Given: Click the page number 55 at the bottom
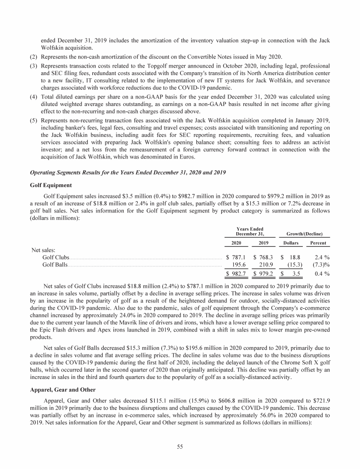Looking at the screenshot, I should pos(180,446).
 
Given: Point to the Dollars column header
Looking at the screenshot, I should pos(290,243).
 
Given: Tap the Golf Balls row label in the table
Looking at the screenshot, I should pos(55,265).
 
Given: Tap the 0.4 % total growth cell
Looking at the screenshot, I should pos(321,274).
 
